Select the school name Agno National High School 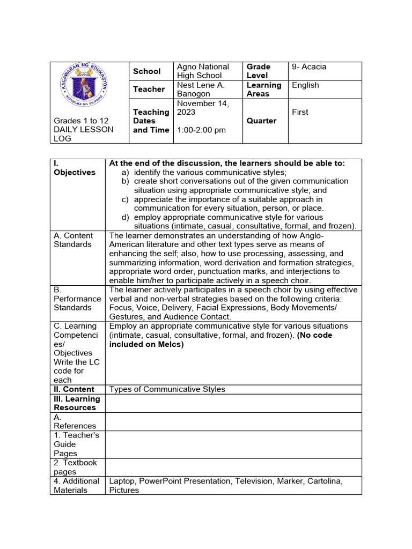pyautogui.click(x=203, y=71)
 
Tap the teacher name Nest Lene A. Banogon pyautogui.click(x=201, y=89)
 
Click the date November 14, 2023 pyautogui.click(x=202, y=108)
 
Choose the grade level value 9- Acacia pyautogui.click(x=309, y=67)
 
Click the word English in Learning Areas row pyautogui.click(x=305, y=85)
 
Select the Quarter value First pyautogui.click(x=300, y=112)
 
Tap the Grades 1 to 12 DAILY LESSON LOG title pyautogui.click(x=83, y=130)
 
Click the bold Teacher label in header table pyautogui.click(x=149, y=89)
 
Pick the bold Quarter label pyautogui.click(x=261, y=121)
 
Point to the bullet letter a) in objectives pyautogui.click(x=126, y=172)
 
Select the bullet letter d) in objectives pyautogui.click(x=126, y=217)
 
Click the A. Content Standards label pyautogui.click(x=73, y=240)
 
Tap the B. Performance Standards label pyautogui.click(x=77, y=299)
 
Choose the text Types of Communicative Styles pyautogui.click(x=167, y=389)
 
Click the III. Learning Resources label pyautogui.click(x=77, y=403)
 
